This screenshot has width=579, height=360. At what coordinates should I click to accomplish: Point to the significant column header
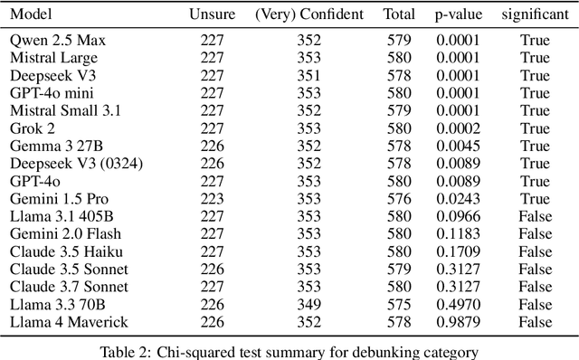(x=535, y=15)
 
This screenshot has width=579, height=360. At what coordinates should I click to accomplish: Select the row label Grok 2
(x=33, y=128)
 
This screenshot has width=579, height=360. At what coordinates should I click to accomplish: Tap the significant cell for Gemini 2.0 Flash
(x=535, y=234)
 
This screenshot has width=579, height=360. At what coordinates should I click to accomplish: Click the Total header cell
(x=395, y=15)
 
